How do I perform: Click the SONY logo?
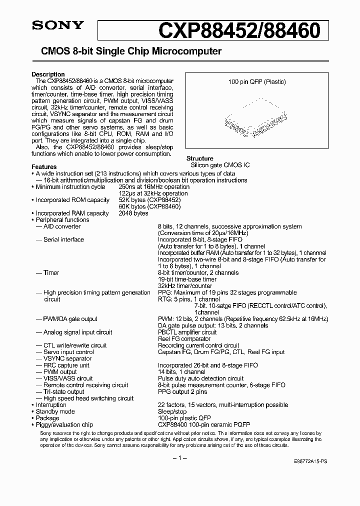pyautogui.click(x=51, y=25)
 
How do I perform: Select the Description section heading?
pyautogui.click(x=48, y=74)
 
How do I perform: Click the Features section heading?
pyautogui.click(x=44, y=167)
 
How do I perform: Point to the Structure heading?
pyautogui.click(x=200, y=158)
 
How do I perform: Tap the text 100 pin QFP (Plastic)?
pyautogui.click(x=256, y=81)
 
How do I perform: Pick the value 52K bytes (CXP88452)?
pyautogui.click(x=149, y=200)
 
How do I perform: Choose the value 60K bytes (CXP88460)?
pyautogui.click(x=149, y=206)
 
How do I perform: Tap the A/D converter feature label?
pyautogui.click(x=62, y=226)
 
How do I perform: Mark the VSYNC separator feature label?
pyautogui.click(x=67, y=358)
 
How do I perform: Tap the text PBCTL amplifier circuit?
pyautogui.click(x=187, y=332)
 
